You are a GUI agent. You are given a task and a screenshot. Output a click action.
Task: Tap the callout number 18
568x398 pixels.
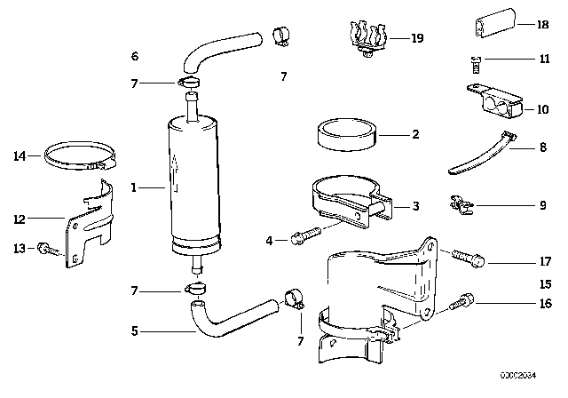[x=542, y=25]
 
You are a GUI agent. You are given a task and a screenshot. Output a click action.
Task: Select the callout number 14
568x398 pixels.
[x=20, y=157]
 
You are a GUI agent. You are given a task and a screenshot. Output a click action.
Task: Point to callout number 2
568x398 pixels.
[x=414, y=135]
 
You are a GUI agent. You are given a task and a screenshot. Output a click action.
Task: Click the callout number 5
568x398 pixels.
[x=134, y=332]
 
